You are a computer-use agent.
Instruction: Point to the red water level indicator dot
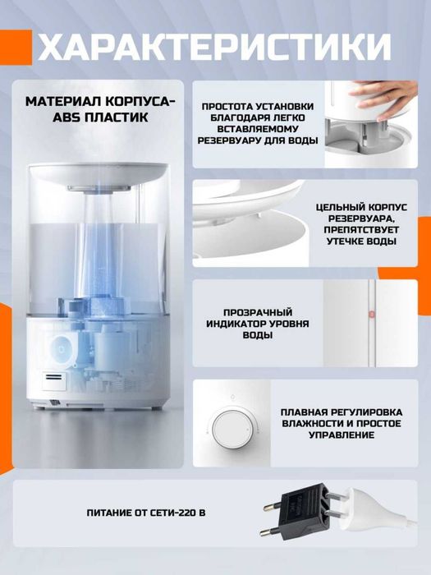click(370, 314)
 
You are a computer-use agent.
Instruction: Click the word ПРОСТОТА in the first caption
click(231, 106)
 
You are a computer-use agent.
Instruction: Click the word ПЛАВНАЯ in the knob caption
click(307, 411)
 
